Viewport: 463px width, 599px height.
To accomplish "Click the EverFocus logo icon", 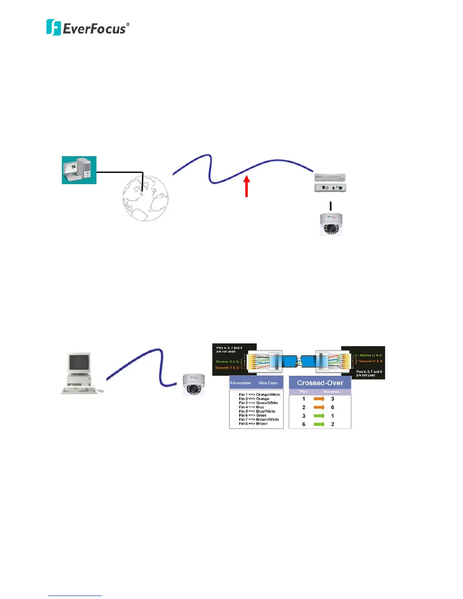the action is [53, 27].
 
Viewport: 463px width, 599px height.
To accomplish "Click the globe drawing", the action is [146, 198].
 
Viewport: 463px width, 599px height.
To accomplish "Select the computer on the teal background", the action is [79, 170].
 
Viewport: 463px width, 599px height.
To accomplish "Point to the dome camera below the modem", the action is [331, 224].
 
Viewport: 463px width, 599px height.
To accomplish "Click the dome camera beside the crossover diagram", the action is [194, 385].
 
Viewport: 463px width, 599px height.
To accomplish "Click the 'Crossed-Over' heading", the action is [320, 383].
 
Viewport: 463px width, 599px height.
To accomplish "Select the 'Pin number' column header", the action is [241, 383].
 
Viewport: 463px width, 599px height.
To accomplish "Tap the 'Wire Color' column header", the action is [268, 383].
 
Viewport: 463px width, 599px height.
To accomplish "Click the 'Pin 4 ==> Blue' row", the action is [252, 407].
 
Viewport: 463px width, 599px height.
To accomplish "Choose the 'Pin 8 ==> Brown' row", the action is [253, 424].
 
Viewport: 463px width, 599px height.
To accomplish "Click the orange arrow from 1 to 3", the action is [319, 399].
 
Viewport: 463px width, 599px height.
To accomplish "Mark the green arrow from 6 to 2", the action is [319, 424].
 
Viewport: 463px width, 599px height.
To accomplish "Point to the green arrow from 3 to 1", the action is [319, 416].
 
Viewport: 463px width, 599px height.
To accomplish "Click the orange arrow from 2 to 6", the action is [319, 407].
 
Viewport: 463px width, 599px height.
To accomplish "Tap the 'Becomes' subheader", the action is [331, 392].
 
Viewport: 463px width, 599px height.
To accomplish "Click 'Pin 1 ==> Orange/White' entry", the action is [259, 394].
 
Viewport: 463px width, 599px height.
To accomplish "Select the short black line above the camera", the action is [331, 206].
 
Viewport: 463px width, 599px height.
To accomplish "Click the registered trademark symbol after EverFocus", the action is [128, 25].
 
